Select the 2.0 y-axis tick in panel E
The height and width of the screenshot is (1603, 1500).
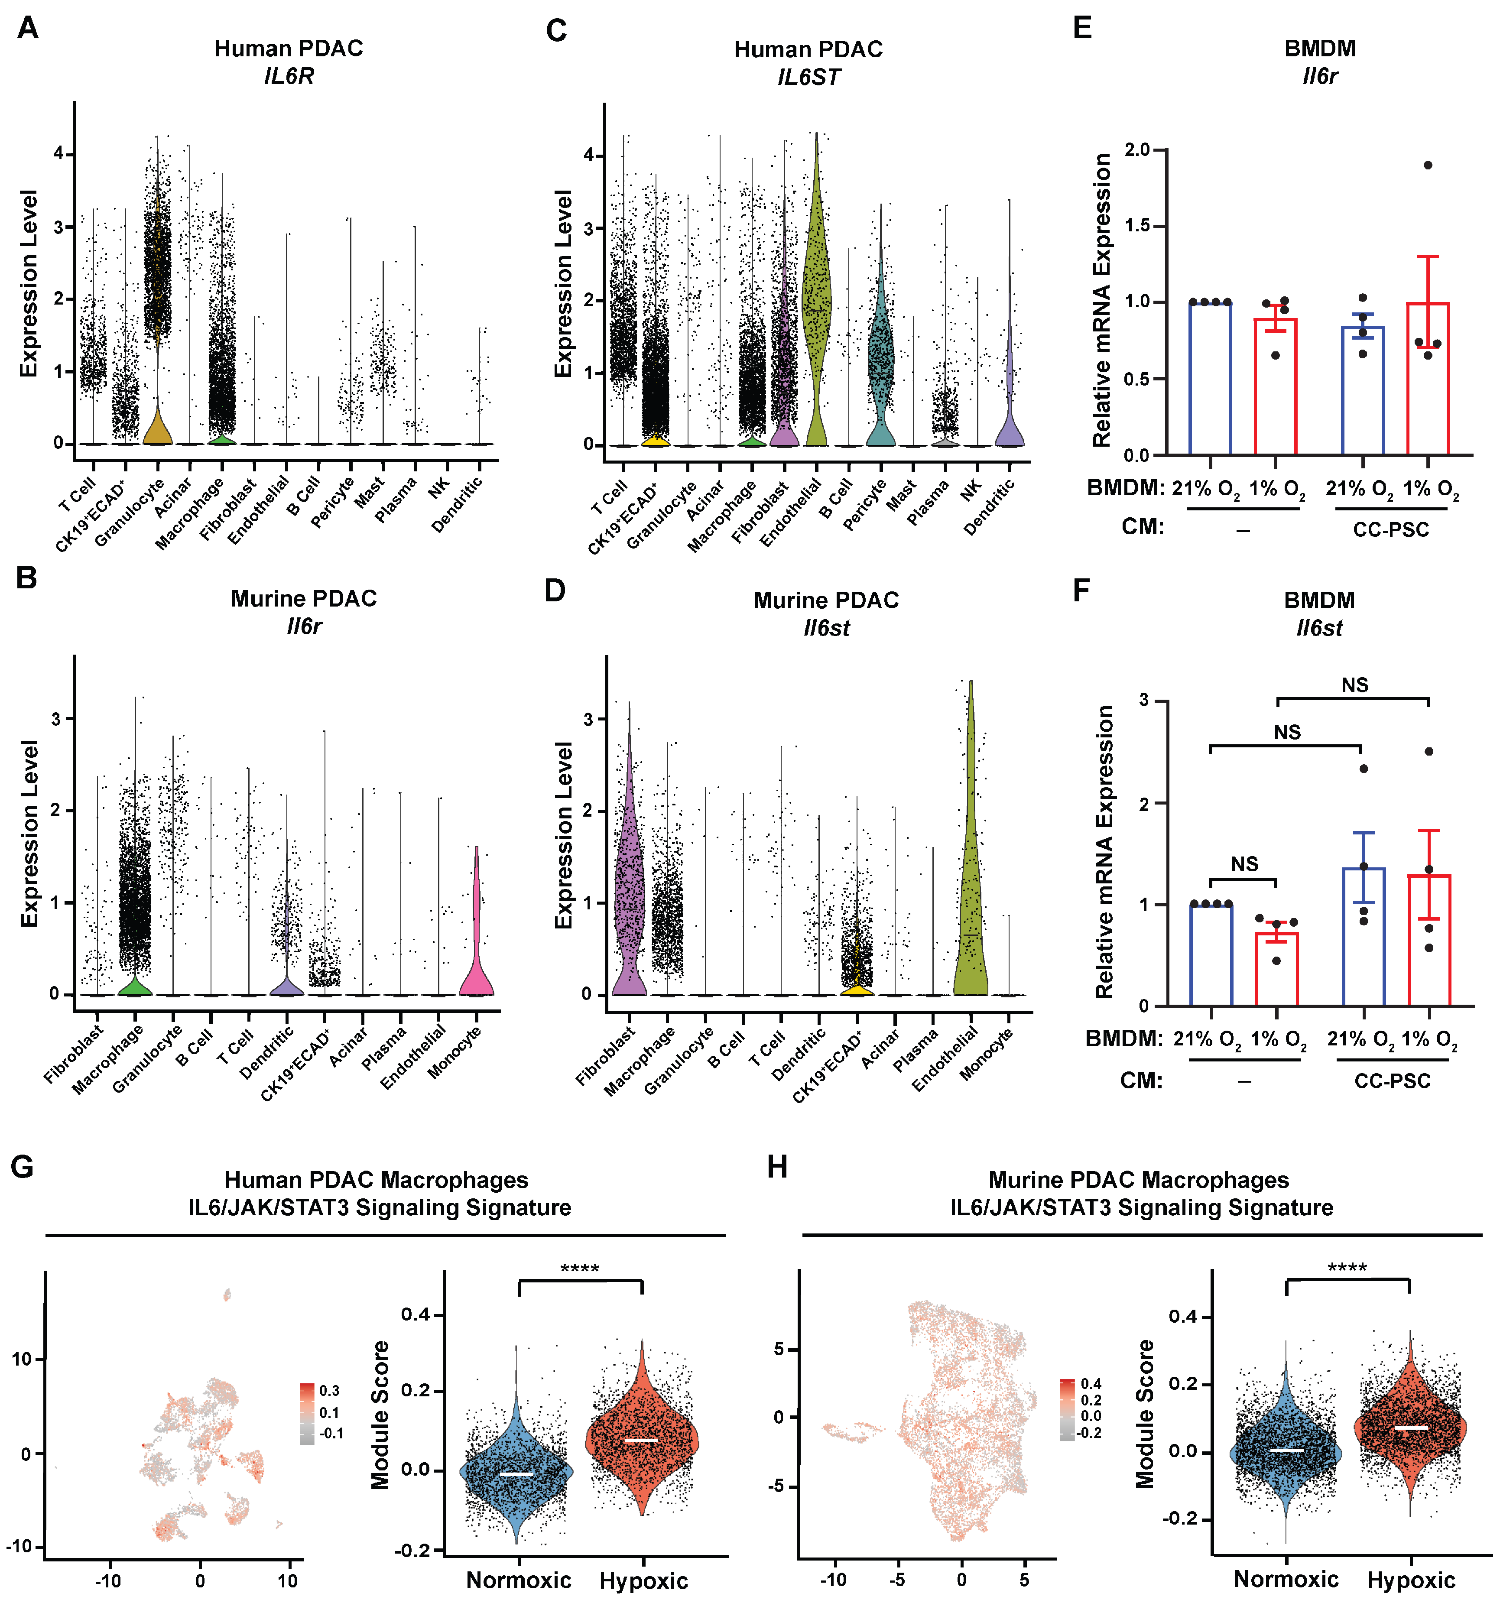pos(1136,150)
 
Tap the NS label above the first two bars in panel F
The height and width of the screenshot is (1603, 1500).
pos(1244,864)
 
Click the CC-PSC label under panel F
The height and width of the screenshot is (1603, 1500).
pos(1392,1081)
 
